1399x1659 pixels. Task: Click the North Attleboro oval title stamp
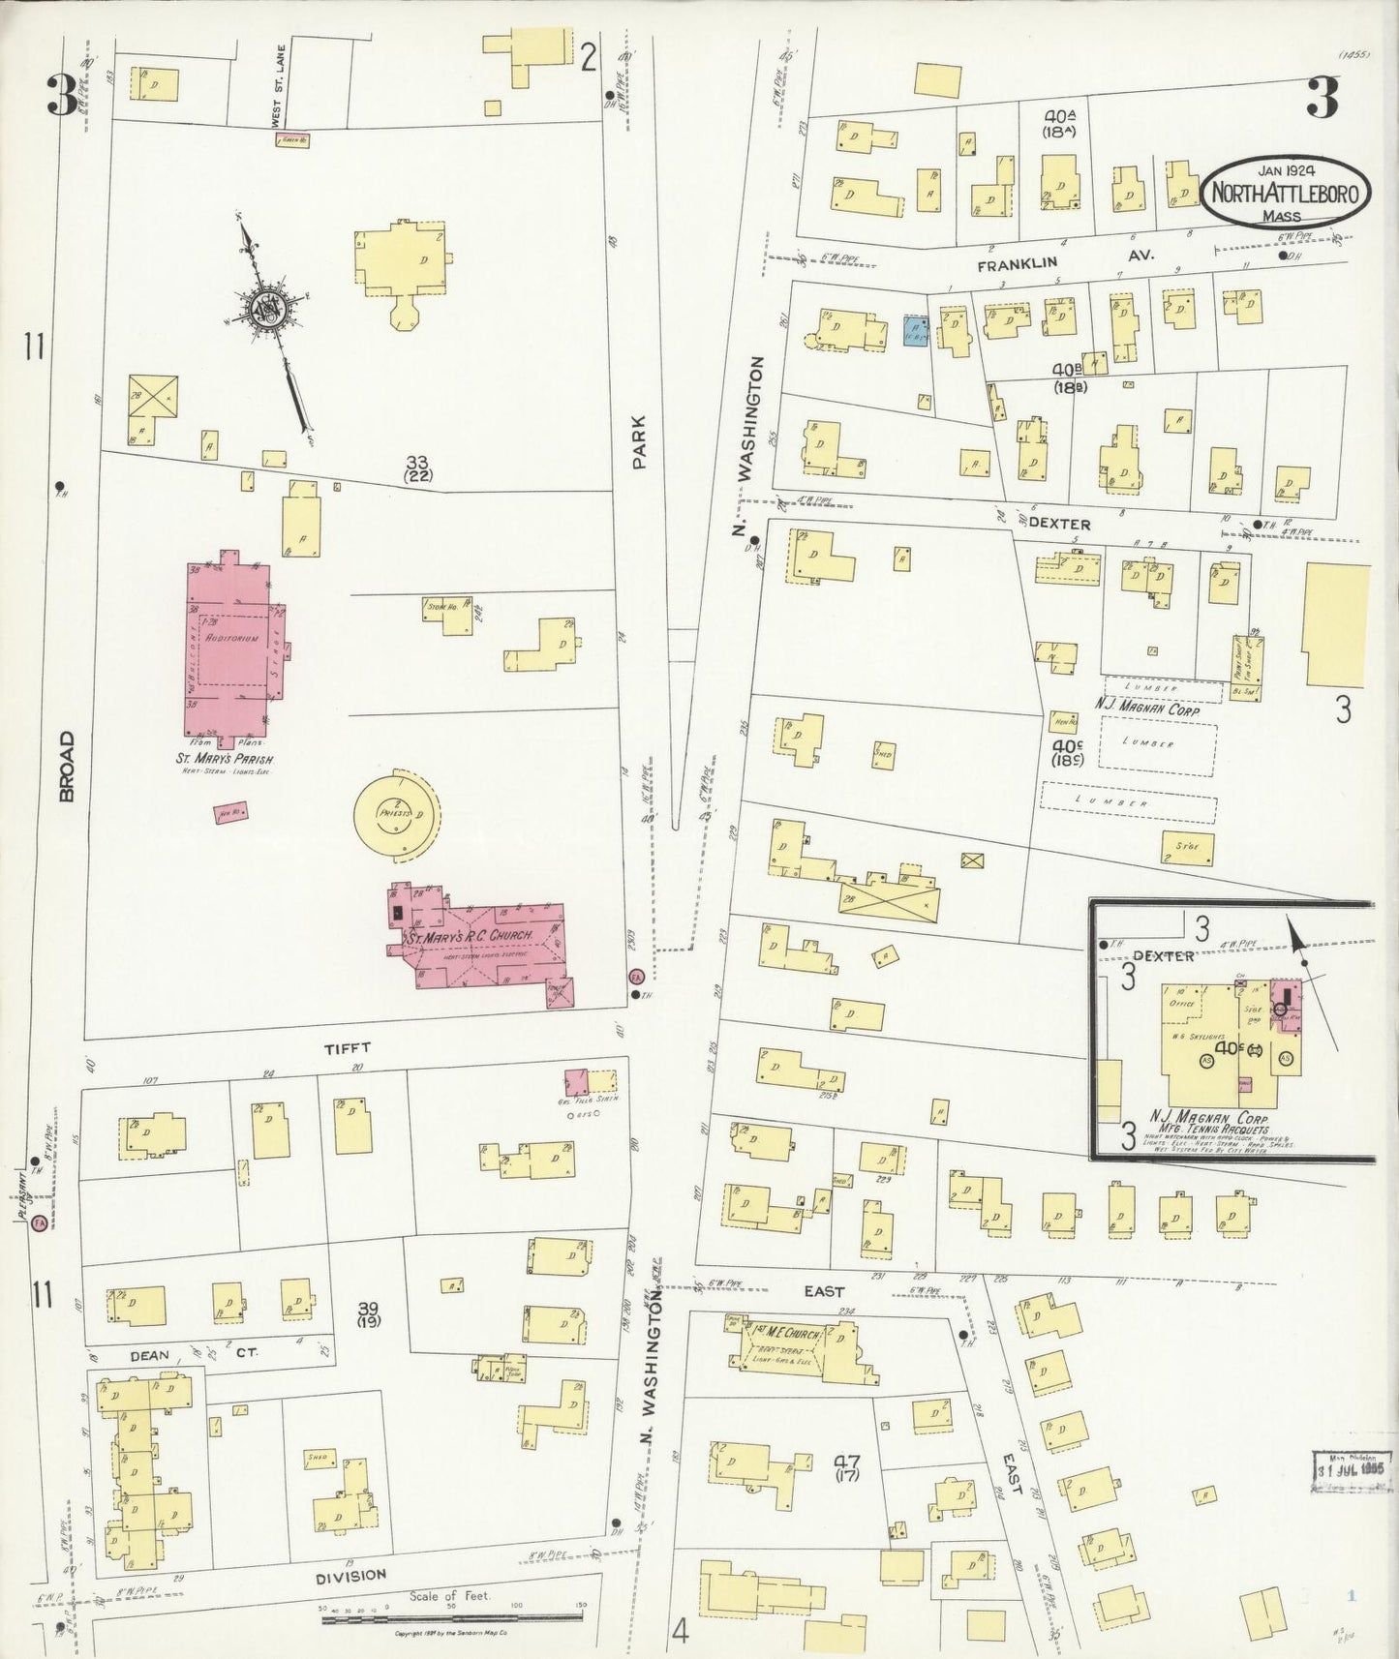click(1286, 194)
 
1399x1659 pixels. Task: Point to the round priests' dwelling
click(397, 813)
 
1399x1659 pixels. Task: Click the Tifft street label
click(353, 1047)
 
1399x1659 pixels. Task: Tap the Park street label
click(638, 444)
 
